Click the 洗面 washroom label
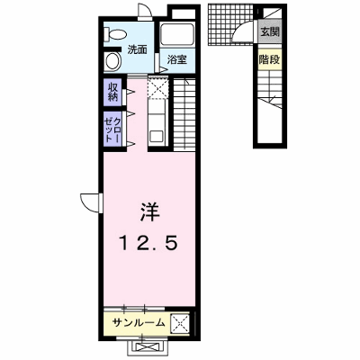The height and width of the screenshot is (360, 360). [x=138, y=49]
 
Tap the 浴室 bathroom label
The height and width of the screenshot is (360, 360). [x=177, y=60]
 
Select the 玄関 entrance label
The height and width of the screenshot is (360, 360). [x=270, y=31]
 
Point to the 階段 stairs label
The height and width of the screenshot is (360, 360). [x=269, y=60]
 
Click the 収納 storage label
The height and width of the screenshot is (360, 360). [x=112, y=92]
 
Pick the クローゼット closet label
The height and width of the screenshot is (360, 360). [x=112, y=130]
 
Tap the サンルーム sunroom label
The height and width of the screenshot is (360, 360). [x=139, y=323]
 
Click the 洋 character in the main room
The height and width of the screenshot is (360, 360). [x=149, y=212]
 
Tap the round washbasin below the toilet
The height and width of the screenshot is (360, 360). [x=112, y=61]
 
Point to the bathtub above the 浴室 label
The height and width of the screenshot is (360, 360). [x=177, y=35]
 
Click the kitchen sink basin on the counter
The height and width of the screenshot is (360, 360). [x=157, y=138]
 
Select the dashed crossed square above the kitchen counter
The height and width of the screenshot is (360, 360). [x=158, y=87]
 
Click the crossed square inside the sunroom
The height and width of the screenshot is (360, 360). [x=180, y=323]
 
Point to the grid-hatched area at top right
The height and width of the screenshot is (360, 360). [x=231, y=24]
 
